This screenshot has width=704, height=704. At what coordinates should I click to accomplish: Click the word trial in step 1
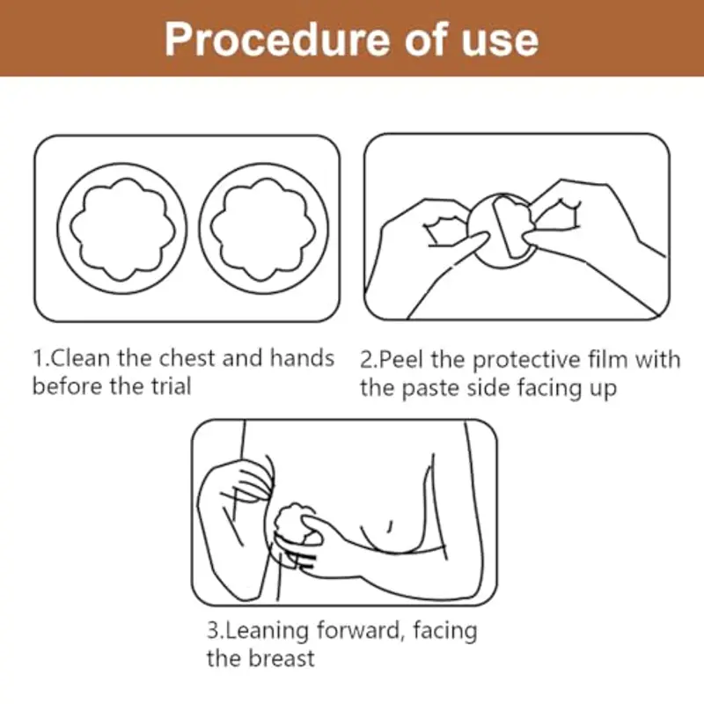(x=169, y=387)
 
